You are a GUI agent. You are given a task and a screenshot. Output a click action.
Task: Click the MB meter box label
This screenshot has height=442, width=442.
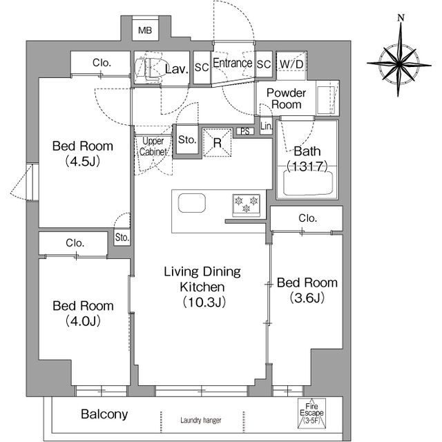(x=145, y=30)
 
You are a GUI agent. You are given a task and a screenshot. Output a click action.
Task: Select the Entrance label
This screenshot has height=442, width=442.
(x=233, y=63)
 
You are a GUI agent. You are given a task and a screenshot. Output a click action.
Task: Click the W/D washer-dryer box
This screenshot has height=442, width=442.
(x=291, y=65)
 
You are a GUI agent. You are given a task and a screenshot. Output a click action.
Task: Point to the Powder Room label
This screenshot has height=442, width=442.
(x=286, y=99)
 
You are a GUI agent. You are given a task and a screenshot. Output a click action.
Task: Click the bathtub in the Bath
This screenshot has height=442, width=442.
(x=308, y=182)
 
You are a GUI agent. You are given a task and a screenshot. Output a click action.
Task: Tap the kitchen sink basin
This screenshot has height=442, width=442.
(x=192, y=202)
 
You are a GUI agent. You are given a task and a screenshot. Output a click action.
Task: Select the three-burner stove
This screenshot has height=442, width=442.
(x=247, y=205)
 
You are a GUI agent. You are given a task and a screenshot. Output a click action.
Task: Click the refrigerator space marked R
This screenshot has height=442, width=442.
(x=217, y=143)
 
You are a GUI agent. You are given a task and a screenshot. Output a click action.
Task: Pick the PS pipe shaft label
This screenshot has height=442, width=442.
(x=245, y=131)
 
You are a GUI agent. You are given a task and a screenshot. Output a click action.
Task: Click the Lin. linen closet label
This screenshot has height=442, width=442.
(x=267, y=126)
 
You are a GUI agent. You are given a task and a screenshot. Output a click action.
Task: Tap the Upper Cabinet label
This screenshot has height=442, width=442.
(x=153, y=146)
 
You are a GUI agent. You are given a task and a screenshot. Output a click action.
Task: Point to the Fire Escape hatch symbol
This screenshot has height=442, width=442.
(x=311, y=412)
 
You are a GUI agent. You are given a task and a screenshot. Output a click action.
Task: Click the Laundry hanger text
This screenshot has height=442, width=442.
(x=201, y=421)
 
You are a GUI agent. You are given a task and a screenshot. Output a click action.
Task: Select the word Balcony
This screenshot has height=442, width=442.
(x=104, y=414)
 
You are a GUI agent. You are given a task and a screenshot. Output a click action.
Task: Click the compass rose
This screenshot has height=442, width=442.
(x=399, y=64)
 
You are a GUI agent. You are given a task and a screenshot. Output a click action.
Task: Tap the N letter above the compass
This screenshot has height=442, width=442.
(x=401, y=18)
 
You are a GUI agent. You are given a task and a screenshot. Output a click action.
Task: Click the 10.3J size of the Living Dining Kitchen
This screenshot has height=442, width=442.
(x=204, y=302)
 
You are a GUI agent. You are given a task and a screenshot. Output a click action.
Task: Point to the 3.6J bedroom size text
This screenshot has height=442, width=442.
(x=307, y=298)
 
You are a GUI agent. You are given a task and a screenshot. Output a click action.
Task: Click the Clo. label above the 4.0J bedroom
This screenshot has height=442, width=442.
(x=75, y=243)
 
